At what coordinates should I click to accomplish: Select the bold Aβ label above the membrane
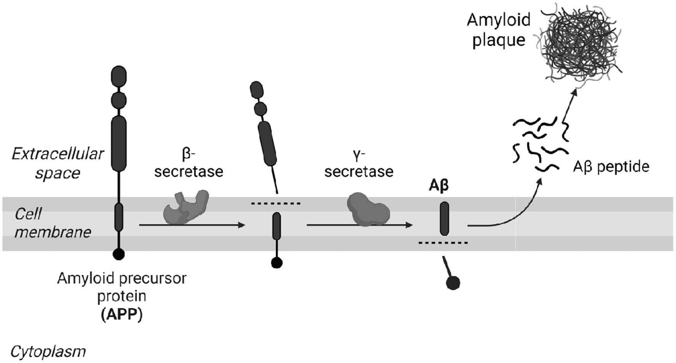(438, 186)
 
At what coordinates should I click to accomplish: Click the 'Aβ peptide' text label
(611, 167)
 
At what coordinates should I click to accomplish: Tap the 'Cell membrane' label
(53, 223)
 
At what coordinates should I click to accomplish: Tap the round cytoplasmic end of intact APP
(119, 254)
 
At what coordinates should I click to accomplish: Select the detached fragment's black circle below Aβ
(453, 283)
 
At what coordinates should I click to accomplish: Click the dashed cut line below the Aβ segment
(443, 243)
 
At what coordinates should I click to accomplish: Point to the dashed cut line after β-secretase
(276, 204)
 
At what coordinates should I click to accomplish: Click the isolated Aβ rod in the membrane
(444, 218)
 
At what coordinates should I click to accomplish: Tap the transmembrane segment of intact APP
(119, 217)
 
